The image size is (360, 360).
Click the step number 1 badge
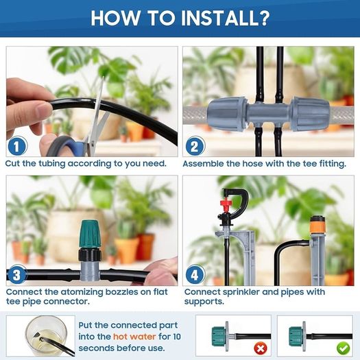tap(17, 146)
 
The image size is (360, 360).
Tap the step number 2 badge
tap(195, 146)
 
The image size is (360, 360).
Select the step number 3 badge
tap(17, 274)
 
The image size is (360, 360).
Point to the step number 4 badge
tap(195, 274)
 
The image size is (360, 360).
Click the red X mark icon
tap(261, 349)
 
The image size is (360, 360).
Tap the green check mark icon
tap(343, 349)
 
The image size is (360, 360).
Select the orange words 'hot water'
tap(134, 337)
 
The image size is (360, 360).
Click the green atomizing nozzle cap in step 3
tap(90, 233)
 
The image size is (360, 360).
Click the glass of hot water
tap(47, 335)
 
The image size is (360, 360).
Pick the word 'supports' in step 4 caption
tap(204, 302)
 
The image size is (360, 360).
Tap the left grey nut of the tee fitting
tap(227, 114)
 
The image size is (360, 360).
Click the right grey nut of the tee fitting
tap(311, 114)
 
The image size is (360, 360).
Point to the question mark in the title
tap(265, 18)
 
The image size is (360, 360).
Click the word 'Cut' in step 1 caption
tap(13, 164)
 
